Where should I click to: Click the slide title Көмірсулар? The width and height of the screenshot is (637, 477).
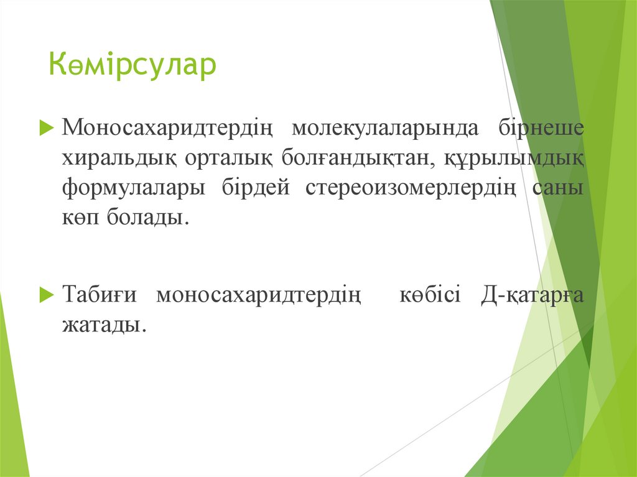coord(133,65)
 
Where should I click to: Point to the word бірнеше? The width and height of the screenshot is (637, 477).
coord(541,128)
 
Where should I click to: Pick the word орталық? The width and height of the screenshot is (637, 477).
coord(228,158)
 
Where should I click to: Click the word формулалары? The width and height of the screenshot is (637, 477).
coord(133,188)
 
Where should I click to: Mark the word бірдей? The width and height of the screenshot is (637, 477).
coord(256,188)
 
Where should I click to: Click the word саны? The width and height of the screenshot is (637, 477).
coord(559,188)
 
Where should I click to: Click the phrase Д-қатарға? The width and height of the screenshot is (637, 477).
coord(532,295)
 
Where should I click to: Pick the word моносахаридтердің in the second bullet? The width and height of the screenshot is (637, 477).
coord(259,295)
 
